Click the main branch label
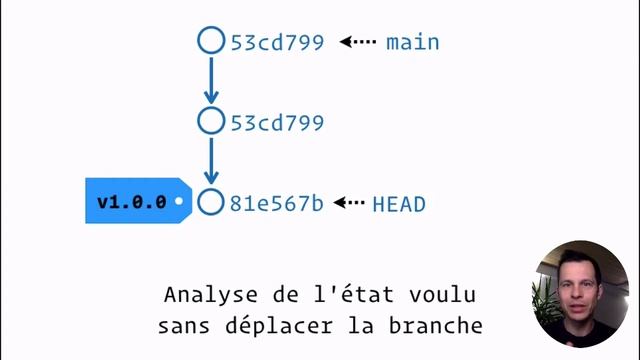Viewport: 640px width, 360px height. (x=413, y=42)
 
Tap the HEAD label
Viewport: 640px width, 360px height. (x=399, y=204)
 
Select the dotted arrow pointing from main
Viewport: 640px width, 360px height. (x=357, y=42)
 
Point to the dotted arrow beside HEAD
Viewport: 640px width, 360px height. (x=349, y=203)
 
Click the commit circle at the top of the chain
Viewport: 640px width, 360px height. (x=210, y=41)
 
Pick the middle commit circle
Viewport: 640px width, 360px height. (x=210, y=122)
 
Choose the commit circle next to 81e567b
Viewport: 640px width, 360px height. (x=210, y=202)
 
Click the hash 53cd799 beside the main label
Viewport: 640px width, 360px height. (x=277, y=43)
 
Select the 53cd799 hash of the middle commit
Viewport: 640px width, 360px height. (x=277, y=123)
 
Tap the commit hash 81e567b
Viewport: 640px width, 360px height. (x=277, y=204)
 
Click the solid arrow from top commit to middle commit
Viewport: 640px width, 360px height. (x=210, y=80)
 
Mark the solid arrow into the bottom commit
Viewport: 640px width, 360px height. (x=210, y=161)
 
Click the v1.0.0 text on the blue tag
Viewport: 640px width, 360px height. (x=131, y=202)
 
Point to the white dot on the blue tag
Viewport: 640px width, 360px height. (x=178, y=202)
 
